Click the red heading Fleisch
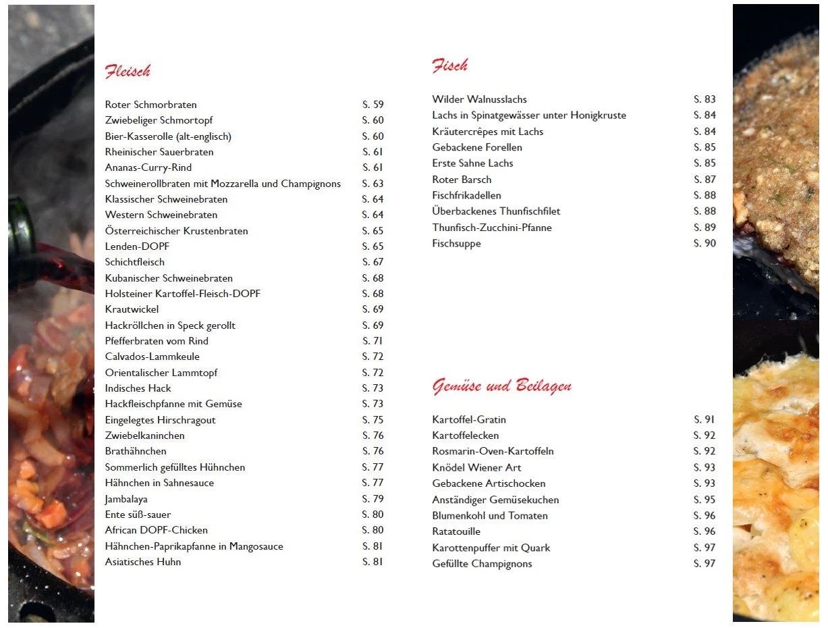point(128,71)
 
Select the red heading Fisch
point(449,66)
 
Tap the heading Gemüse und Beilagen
point(501,386)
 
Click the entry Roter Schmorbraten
point(151,105)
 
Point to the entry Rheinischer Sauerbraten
point(159,152)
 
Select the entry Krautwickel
point(132,309)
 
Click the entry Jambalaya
point(126,499)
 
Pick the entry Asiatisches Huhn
point(143,562)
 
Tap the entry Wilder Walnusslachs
point(479,99)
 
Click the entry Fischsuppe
point(456,243)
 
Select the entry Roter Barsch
point(462,180)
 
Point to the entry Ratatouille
point(456,531)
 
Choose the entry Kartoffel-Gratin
point(469,419)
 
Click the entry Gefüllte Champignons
point(482,564)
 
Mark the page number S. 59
point(372,105)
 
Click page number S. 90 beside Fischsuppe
point(705,243)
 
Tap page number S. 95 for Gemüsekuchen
point(705,500)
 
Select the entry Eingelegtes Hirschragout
point(160,420)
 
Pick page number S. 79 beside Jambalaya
point(372,499)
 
